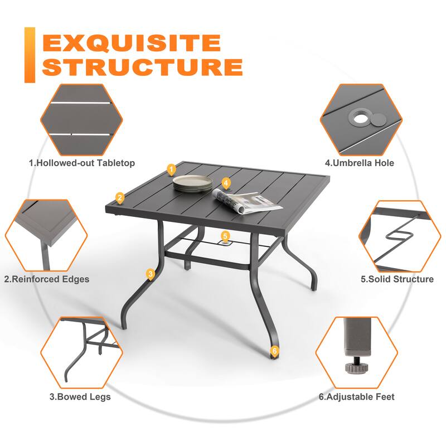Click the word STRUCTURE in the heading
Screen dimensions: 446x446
142,66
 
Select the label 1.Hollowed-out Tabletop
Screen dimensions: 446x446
82,163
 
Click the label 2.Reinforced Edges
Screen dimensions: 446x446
47,279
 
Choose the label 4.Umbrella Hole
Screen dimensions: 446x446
360,163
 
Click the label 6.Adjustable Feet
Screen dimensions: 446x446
357,397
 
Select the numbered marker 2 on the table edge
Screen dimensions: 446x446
119,197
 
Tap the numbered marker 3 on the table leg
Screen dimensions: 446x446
150,273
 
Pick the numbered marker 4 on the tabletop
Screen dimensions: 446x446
226,183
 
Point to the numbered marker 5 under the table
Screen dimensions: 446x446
225,236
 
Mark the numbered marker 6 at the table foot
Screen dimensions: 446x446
273,351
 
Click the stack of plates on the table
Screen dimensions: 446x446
192,183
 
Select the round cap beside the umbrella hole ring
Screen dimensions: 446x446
378,118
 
